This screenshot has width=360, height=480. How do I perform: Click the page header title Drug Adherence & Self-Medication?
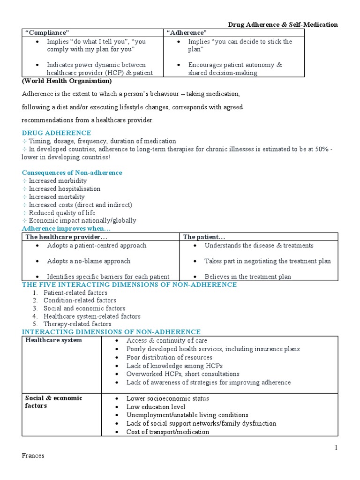283,24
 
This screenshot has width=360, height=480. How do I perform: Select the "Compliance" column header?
47,32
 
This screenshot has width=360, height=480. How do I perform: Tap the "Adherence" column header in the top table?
187,32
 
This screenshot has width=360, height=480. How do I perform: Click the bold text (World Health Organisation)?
67,81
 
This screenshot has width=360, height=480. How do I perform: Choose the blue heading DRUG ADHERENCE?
56,133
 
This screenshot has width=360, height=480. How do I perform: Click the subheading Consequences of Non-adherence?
72,172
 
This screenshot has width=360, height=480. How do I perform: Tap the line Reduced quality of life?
62,213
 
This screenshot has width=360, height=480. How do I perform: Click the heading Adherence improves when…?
66,228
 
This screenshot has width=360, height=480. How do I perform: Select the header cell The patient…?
201,237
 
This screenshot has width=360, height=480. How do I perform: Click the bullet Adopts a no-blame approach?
89,261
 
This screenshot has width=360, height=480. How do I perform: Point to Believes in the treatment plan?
247,277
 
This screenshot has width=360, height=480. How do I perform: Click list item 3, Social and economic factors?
84,308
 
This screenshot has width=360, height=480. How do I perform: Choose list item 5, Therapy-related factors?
77,324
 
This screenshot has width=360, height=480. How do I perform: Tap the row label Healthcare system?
53,340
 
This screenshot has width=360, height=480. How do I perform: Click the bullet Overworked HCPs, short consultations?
183,374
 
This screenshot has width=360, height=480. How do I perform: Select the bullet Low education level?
156,407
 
